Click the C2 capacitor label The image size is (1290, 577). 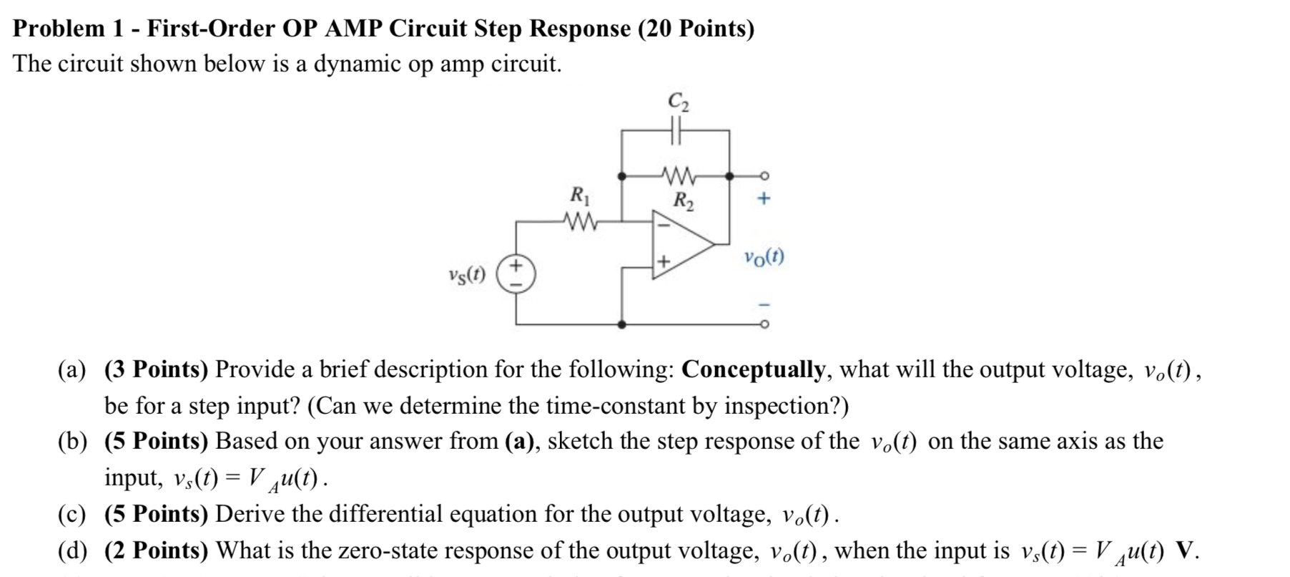click(678, 102)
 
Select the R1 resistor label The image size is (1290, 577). click(579, 195)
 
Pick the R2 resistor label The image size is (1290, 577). click(683, 200)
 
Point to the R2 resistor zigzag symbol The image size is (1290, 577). click(676, 175)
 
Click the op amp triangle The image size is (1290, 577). click(679, 244)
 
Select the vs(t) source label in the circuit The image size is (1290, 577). click(467, 274)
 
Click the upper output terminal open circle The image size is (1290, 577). click(764, 175)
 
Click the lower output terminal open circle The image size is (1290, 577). click(764, 324)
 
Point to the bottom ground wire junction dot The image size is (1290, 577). click(621, 324)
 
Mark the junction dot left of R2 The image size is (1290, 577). click(621, 175)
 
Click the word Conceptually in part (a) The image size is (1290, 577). click(753, 369)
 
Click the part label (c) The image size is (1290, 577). click(72, 514)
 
